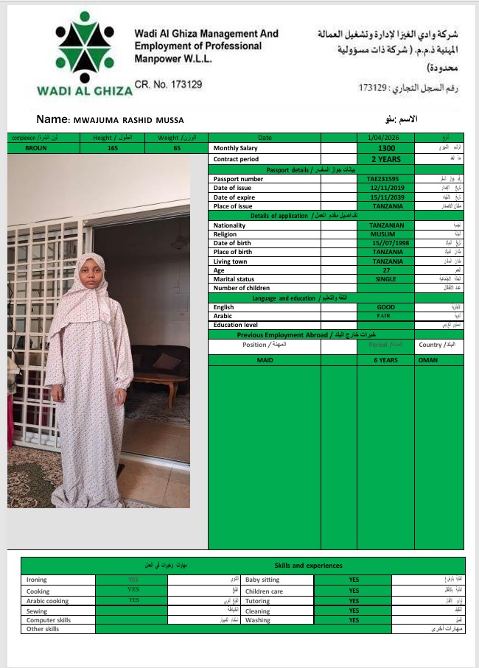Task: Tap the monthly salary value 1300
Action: pyautogui.click(x=385, y=148)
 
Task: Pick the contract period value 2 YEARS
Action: pyautogui.click(x=385, y=158)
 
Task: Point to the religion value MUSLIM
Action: pyautogui.click(x=385, y=234)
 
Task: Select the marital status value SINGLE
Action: pyautogui.click(x=385, y=279)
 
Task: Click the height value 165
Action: pyautogui.click(x=113, y=148)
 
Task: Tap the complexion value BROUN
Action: pyautogui.click(x=35, y=148)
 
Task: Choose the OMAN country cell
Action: pyautogui.click(x=427, y=360)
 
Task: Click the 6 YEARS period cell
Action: pyautogui.click(x=385, y=360)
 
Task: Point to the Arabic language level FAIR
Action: pyautogui.click(x=385, y=315)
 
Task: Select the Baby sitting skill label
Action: pyautogui.click(x=262, y=580)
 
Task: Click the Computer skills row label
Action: pyautogui.click(x=49, y=620)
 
